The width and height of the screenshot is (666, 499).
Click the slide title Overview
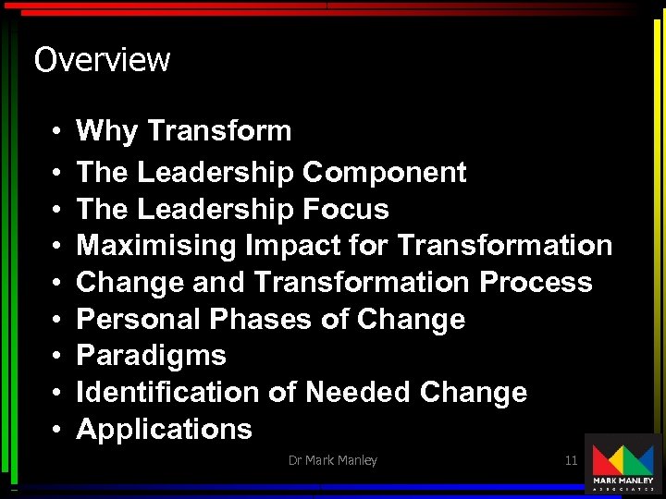click(x=102, y=60)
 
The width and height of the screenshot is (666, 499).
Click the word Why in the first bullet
click(x=106, y=131)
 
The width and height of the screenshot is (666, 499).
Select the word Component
click(x=384, y=172)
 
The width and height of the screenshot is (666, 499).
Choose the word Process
click(x=536, y=282)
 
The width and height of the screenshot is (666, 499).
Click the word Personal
click(x=139, y=319)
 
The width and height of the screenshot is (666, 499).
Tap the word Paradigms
click(x=151, y=356)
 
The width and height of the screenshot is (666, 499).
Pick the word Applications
click(x=164, y=429)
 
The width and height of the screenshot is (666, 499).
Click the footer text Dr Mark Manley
click(x=333, y=460)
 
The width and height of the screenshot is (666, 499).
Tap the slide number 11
click(x=571, y=459)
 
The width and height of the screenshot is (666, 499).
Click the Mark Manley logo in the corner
click(x=623, y=465)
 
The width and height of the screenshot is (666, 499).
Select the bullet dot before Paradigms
click(x=56, y=357)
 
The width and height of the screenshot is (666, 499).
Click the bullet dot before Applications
click(x=56, y=430)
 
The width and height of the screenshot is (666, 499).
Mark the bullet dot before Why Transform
click(x=56, y=132)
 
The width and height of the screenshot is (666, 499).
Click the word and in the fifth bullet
click(x=219, y=282)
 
